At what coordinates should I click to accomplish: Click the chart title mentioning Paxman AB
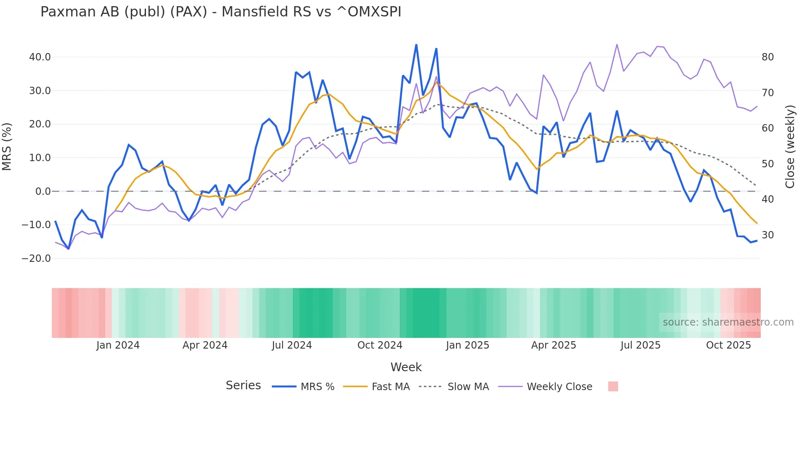point(220,12)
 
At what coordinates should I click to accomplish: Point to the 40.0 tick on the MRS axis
point(40,57)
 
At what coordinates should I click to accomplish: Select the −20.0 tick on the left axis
point(36,259)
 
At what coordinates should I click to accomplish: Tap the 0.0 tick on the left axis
point(43,192)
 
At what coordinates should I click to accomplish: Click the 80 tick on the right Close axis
point(767,57)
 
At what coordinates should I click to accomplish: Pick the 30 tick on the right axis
point(767,235)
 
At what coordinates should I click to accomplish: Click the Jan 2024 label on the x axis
point(118,345)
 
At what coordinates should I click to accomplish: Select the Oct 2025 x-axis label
point(728,345)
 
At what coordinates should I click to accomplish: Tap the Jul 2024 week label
point(292,345)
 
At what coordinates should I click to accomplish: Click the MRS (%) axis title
point(7,146)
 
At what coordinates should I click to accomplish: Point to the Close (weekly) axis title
point(790,146)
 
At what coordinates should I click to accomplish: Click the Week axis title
point(406,367)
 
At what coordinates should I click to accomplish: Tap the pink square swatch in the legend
point(613,386)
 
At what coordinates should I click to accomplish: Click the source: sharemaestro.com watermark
point(728,322)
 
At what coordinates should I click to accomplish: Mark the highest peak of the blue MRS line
point(416,45)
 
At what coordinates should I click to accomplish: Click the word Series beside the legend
point(243,386)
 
